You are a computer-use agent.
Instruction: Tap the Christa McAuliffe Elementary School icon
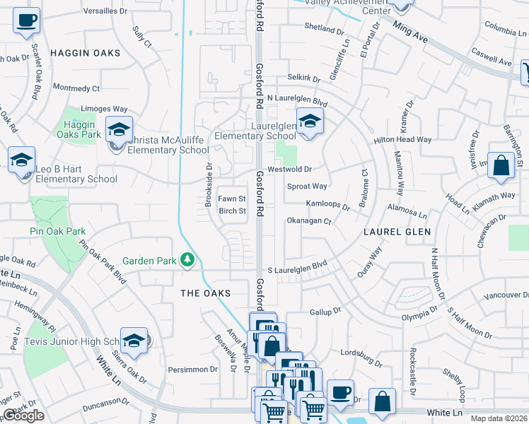[119, 129]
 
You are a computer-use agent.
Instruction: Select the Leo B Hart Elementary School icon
[22, 160]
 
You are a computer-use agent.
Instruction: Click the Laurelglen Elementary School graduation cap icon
[309, 121]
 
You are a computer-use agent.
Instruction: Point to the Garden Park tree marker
[187, 261]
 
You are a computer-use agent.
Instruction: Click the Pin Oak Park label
[57, 231]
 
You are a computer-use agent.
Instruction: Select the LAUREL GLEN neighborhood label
[397, 232]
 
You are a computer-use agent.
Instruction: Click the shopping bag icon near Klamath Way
[500, 167]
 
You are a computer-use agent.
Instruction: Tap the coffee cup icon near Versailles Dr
[27, 20]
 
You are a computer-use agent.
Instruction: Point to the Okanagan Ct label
[309, 221]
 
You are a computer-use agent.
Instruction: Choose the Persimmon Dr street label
[193, 370]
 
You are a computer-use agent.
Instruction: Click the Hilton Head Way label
[402, 140]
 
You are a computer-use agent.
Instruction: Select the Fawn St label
[231, 199]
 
